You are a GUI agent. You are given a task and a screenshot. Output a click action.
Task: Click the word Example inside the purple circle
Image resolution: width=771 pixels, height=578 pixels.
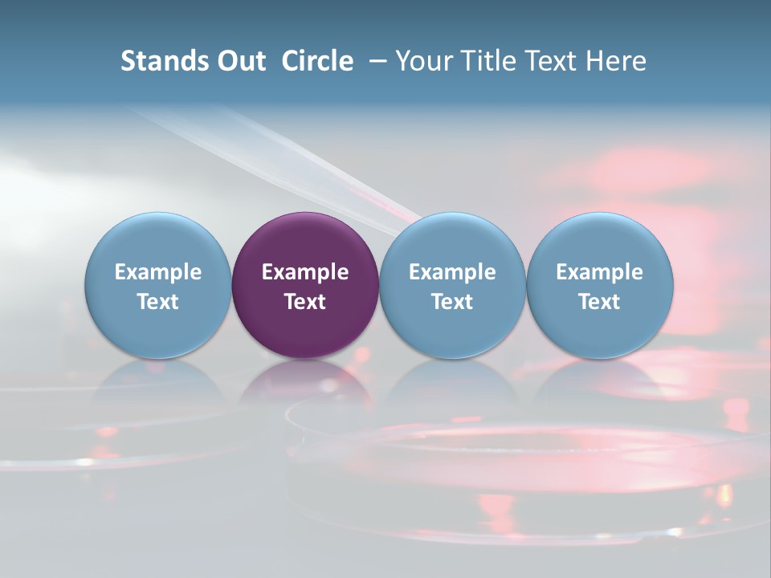(x=305, y=272)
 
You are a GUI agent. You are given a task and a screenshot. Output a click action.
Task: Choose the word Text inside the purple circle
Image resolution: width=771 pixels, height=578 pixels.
(x=305, y=302)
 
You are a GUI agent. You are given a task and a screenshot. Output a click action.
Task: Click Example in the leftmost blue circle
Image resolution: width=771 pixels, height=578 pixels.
(x=158, y=272)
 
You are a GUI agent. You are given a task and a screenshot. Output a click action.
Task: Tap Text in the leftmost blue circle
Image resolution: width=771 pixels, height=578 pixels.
(x=158, y=302)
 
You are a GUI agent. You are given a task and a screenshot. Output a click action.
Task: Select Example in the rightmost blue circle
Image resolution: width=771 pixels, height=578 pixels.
(x=600, y=272)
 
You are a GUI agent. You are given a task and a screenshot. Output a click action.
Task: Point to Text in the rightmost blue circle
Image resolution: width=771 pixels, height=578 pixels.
(x=600, y=302)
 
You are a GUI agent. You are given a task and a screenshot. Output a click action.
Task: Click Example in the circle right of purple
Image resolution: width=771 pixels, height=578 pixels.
(x=452, y=272)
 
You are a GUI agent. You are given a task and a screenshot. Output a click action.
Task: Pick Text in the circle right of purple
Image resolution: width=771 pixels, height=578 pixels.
(x=452, y=302)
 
